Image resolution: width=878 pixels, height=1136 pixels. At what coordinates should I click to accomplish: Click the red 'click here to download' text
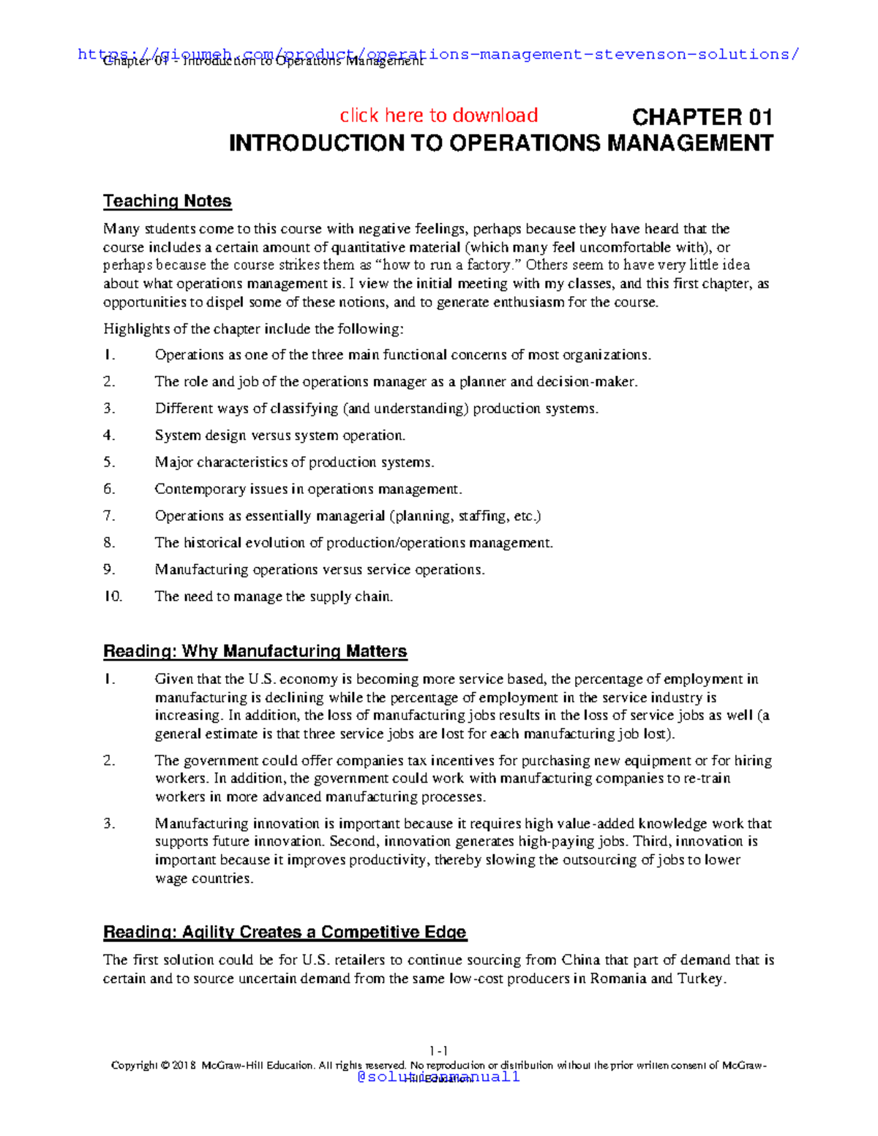tap(438, 116)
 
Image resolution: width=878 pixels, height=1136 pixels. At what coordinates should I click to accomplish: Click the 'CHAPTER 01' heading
tap(702, 117)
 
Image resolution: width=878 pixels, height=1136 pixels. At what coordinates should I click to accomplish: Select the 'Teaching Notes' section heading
tap(167, 201)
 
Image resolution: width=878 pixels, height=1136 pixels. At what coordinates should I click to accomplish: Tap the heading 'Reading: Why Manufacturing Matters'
tap(255, 651)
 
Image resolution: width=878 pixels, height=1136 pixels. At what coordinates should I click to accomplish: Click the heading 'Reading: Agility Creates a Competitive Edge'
tap(285, 932)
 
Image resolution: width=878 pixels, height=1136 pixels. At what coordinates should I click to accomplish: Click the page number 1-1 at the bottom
tap(439, 1051)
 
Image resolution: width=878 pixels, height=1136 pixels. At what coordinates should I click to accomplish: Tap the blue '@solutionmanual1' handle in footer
tap(438, 1077)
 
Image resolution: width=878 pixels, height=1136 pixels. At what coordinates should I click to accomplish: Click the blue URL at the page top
tap(438, 54)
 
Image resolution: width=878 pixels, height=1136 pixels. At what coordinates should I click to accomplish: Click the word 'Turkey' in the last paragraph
tap(702, 979)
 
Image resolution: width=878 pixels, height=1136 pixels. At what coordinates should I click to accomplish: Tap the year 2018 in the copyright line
tap(184, 1065)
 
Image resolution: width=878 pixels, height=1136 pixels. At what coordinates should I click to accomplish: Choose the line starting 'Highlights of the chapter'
tap(253, 329)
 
